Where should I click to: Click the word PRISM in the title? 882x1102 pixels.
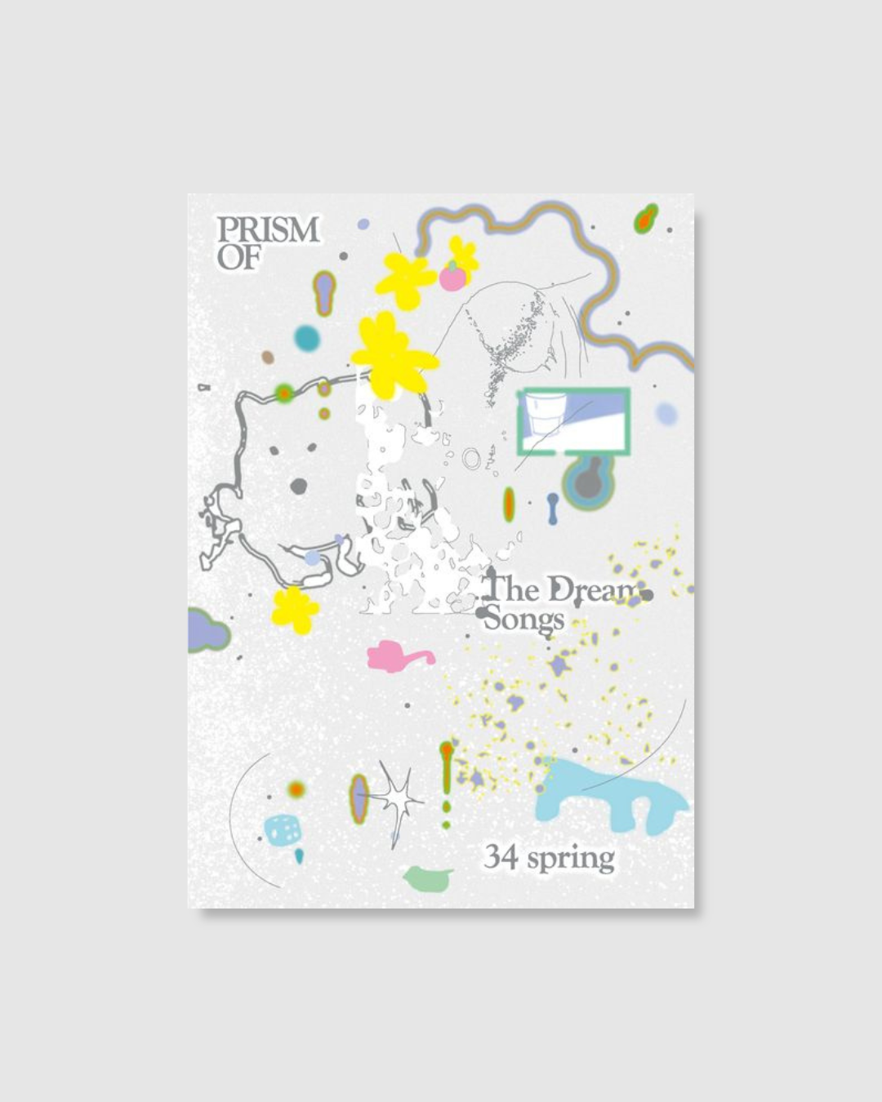coord(267,230)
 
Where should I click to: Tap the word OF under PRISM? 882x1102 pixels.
coord(238,259)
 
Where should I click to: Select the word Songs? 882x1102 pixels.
coord(523,620)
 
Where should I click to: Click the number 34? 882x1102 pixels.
coord(500,857)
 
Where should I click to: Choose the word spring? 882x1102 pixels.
coord(571,860)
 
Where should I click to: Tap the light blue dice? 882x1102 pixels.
coord(283,829)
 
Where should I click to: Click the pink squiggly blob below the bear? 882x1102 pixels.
coord(397,655)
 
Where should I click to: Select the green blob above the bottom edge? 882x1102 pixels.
coord(429,878)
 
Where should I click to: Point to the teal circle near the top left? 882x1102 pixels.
coord(307,337)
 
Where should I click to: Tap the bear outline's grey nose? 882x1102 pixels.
coord(298,487)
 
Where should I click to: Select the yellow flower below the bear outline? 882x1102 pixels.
coord(294,609)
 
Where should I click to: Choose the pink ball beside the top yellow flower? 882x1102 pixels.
coord(452,278)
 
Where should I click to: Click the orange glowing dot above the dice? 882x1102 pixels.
coord(296,789)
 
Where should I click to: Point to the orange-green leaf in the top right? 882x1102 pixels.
coord(646,218)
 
